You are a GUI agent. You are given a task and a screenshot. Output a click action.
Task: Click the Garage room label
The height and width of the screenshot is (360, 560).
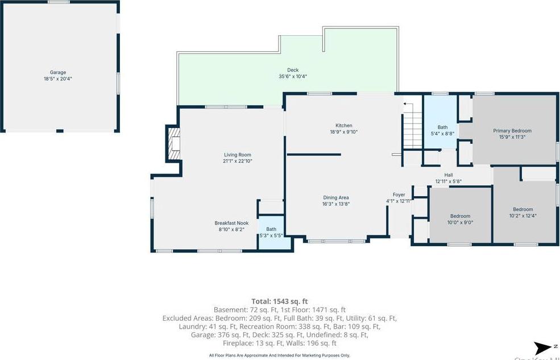pos(58,72)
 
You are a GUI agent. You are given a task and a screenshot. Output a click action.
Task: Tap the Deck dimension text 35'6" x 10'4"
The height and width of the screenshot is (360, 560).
pos(293,77)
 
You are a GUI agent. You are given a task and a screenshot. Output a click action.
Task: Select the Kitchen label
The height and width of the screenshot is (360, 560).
pos(344,126)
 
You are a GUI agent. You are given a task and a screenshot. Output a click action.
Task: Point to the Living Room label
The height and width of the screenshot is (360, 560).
pos(237,155)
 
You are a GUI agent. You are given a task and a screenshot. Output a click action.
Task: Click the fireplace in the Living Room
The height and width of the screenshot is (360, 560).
pos(173,144)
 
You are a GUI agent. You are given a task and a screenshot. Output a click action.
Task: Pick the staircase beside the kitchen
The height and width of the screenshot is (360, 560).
pos(413,130)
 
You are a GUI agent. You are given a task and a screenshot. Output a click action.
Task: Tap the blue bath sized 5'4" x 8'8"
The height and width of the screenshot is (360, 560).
pos(442,130)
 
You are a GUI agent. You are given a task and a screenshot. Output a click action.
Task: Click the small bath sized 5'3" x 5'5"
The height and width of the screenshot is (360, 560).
pos(271,233)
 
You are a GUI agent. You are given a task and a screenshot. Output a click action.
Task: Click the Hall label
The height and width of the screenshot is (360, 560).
pos(449,175)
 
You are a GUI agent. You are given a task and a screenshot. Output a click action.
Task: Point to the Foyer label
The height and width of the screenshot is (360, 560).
pos(399,195)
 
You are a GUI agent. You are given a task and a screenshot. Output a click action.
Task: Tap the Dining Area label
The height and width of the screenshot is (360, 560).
pos(336,197)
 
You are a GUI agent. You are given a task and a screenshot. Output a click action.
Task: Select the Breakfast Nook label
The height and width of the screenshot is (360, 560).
pos(231,223)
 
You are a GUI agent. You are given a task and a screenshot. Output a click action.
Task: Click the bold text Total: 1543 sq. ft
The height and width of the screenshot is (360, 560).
pos(280,301)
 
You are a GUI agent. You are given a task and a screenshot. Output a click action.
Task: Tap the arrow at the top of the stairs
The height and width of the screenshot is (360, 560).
pos(406,104)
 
